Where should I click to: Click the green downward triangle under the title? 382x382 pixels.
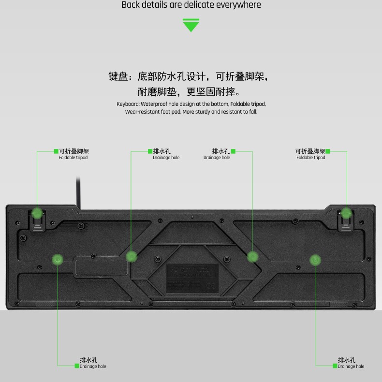coord(191,25)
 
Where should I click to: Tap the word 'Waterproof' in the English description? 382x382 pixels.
coord(156,104)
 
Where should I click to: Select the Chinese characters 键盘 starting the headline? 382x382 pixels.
coord(118,76)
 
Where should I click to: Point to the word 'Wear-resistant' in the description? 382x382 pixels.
coord(140,112)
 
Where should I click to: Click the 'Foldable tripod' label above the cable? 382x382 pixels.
coord(73,158)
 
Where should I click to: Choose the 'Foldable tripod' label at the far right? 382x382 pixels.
coord(311,158)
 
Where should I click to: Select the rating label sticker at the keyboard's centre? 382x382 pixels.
coord(192,278)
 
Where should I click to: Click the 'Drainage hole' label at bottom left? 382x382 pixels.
coord(93,367)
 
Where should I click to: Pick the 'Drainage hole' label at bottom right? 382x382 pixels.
coord(351,367)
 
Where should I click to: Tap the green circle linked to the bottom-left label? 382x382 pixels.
coord(58,260)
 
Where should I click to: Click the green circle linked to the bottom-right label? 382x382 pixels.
coord(315,260)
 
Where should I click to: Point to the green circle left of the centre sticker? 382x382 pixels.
coord(132,256)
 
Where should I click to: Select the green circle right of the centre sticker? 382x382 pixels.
coord(252,256)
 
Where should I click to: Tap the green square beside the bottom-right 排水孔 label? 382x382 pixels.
coord(335,366)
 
